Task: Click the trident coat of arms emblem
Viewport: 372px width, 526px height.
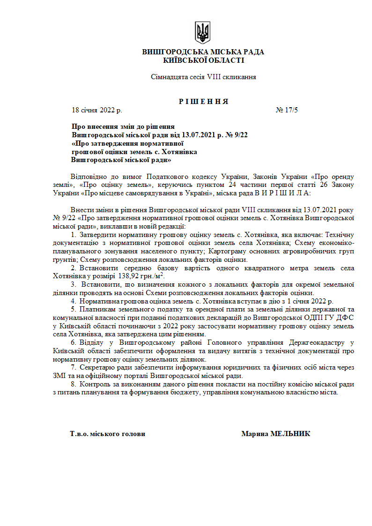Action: point(203,33)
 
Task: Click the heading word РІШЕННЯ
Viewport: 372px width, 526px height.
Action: point(203,102)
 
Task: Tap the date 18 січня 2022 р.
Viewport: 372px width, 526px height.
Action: point(97,111)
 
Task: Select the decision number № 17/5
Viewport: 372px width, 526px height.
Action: point(287,111)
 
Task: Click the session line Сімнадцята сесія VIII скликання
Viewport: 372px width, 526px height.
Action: point(203,77)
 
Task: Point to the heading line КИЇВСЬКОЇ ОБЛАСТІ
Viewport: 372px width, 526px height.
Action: point(203,60)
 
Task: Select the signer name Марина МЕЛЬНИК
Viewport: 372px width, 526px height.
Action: point(275,434)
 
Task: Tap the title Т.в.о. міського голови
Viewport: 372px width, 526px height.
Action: point(107,434)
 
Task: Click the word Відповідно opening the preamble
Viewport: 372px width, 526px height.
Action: point(87,177)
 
